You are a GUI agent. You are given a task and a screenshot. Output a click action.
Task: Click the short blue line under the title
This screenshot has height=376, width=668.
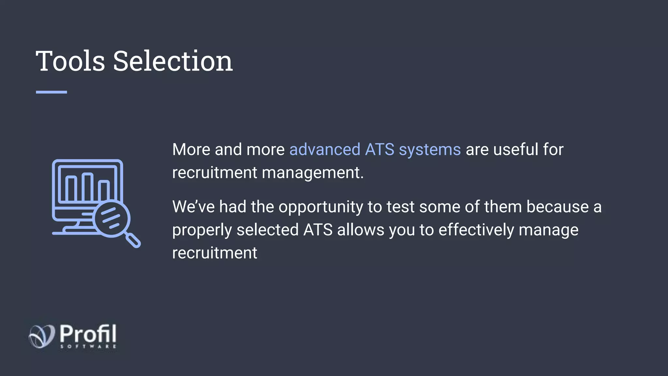click(x=51, y=92)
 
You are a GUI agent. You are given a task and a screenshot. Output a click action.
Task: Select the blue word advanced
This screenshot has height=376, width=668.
click(x=325, y=149)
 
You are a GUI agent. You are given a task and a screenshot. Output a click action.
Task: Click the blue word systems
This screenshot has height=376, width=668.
click(x=430, y=150)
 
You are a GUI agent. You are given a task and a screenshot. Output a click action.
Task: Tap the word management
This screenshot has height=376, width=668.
click(x=312, y=173)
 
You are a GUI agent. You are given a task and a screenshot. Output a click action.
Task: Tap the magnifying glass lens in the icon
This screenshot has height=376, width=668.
click(x=111, y=218)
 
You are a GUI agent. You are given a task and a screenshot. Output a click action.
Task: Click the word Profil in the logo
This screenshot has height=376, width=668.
click(x=88, y=334)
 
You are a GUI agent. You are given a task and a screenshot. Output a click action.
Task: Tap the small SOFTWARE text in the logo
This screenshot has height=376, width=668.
click(x=88, y=346)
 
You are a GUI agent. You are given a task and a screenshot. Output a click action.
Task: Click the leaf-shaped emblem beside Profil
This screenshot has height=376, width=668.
click(x=42, y=336)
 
